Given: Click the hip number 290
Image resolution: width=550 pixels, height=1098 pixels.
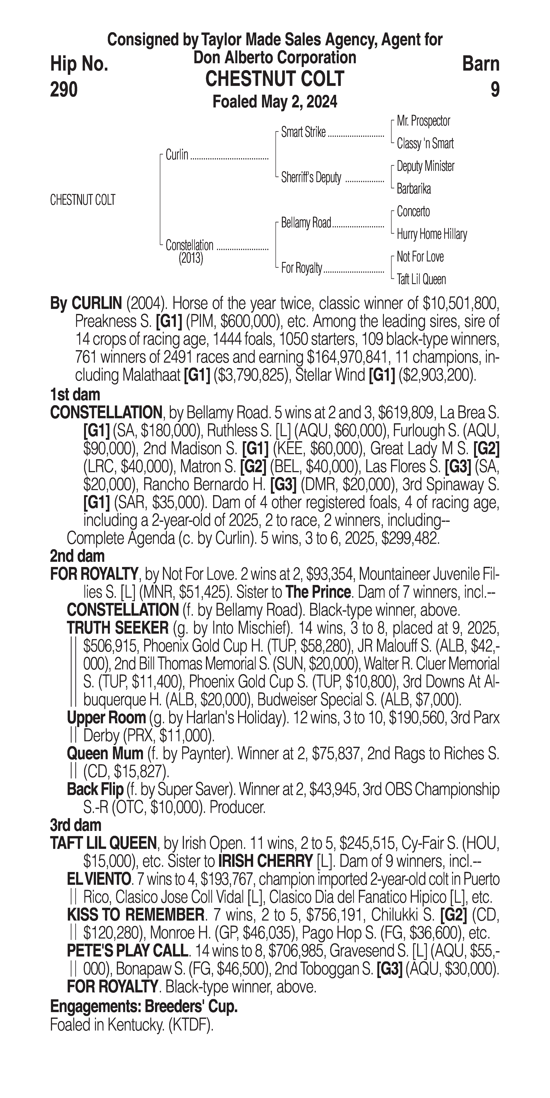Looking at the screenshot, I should coord(64,89).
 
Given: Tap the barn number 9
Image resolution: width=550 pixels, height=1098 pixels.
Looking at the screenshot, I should coord(495,89).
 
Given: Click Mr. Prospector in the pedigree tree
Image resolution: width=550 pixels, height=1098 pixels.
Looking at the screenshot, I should coord(423,121).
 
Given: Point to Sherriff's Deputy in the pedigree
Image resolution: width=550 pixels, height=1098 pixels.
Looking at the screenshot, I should coord(311,178).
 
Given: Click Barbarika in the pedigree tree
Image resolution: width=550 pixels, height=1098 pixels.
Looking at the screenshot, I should coord(414,189).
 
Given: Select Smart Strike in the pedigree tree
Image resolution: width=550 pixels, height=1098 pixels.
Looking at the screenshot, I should coord(304,133).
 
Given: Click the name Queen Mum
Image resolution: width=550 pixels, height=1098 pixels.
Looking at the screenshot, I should coord(105,754).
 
